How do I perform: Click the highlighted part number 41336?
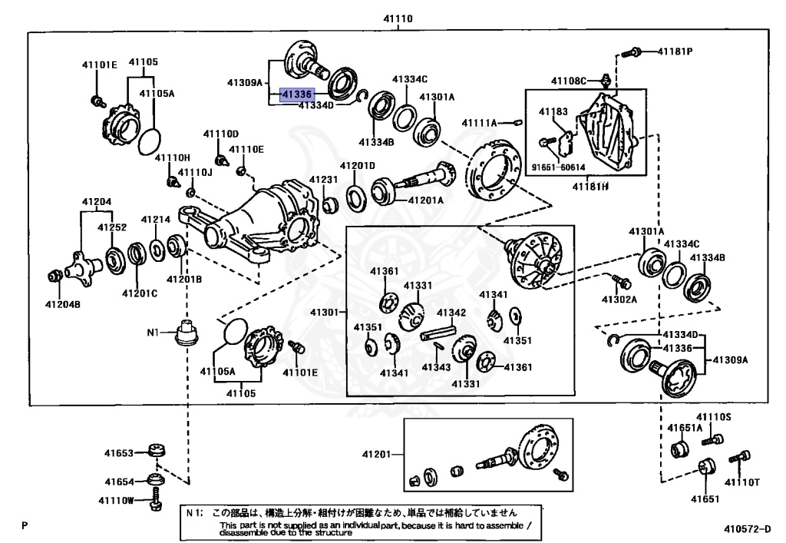(x=296, y=94)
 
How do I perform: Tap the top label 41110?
(x=398, y=18)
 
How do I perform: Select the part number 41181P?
(x=675, y=51)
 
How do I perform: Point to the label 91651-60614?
(x=558, y=167)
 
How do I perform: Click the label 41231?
(x=323, y=180)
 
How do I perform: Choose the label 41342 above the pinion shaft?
(x=451, y=313)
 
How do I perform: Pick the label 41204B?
(x=63, y=304)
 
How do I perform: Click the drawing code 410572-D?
(x=747, y=529)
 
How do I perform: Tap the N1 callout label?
(x=153, y=332)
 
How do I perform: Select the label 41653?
(x=119, y=452)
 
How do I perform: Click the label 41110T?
(x=742, y=482)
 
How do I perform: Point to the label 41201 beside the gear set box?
(x=376, y=454)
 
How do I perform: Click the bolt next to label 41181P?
(x=632, y=51)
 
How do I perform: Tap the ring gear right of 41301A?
(x=494, y=171)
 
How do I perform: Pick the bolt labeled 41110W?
(x=156, y=499)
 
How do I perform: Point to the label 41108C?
(x=569, y=81)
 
